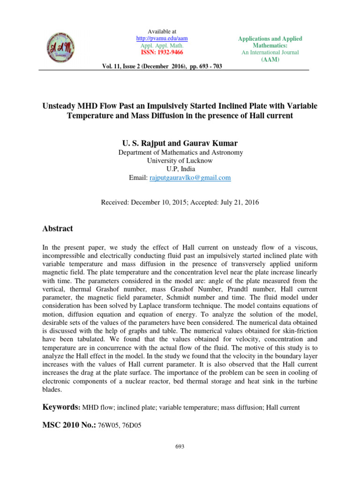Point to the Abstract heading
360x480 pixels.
point(58,229)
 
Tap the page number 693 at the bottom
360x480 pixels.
point(180,447)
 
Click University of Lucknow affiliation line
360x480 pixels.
point(180,160)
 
